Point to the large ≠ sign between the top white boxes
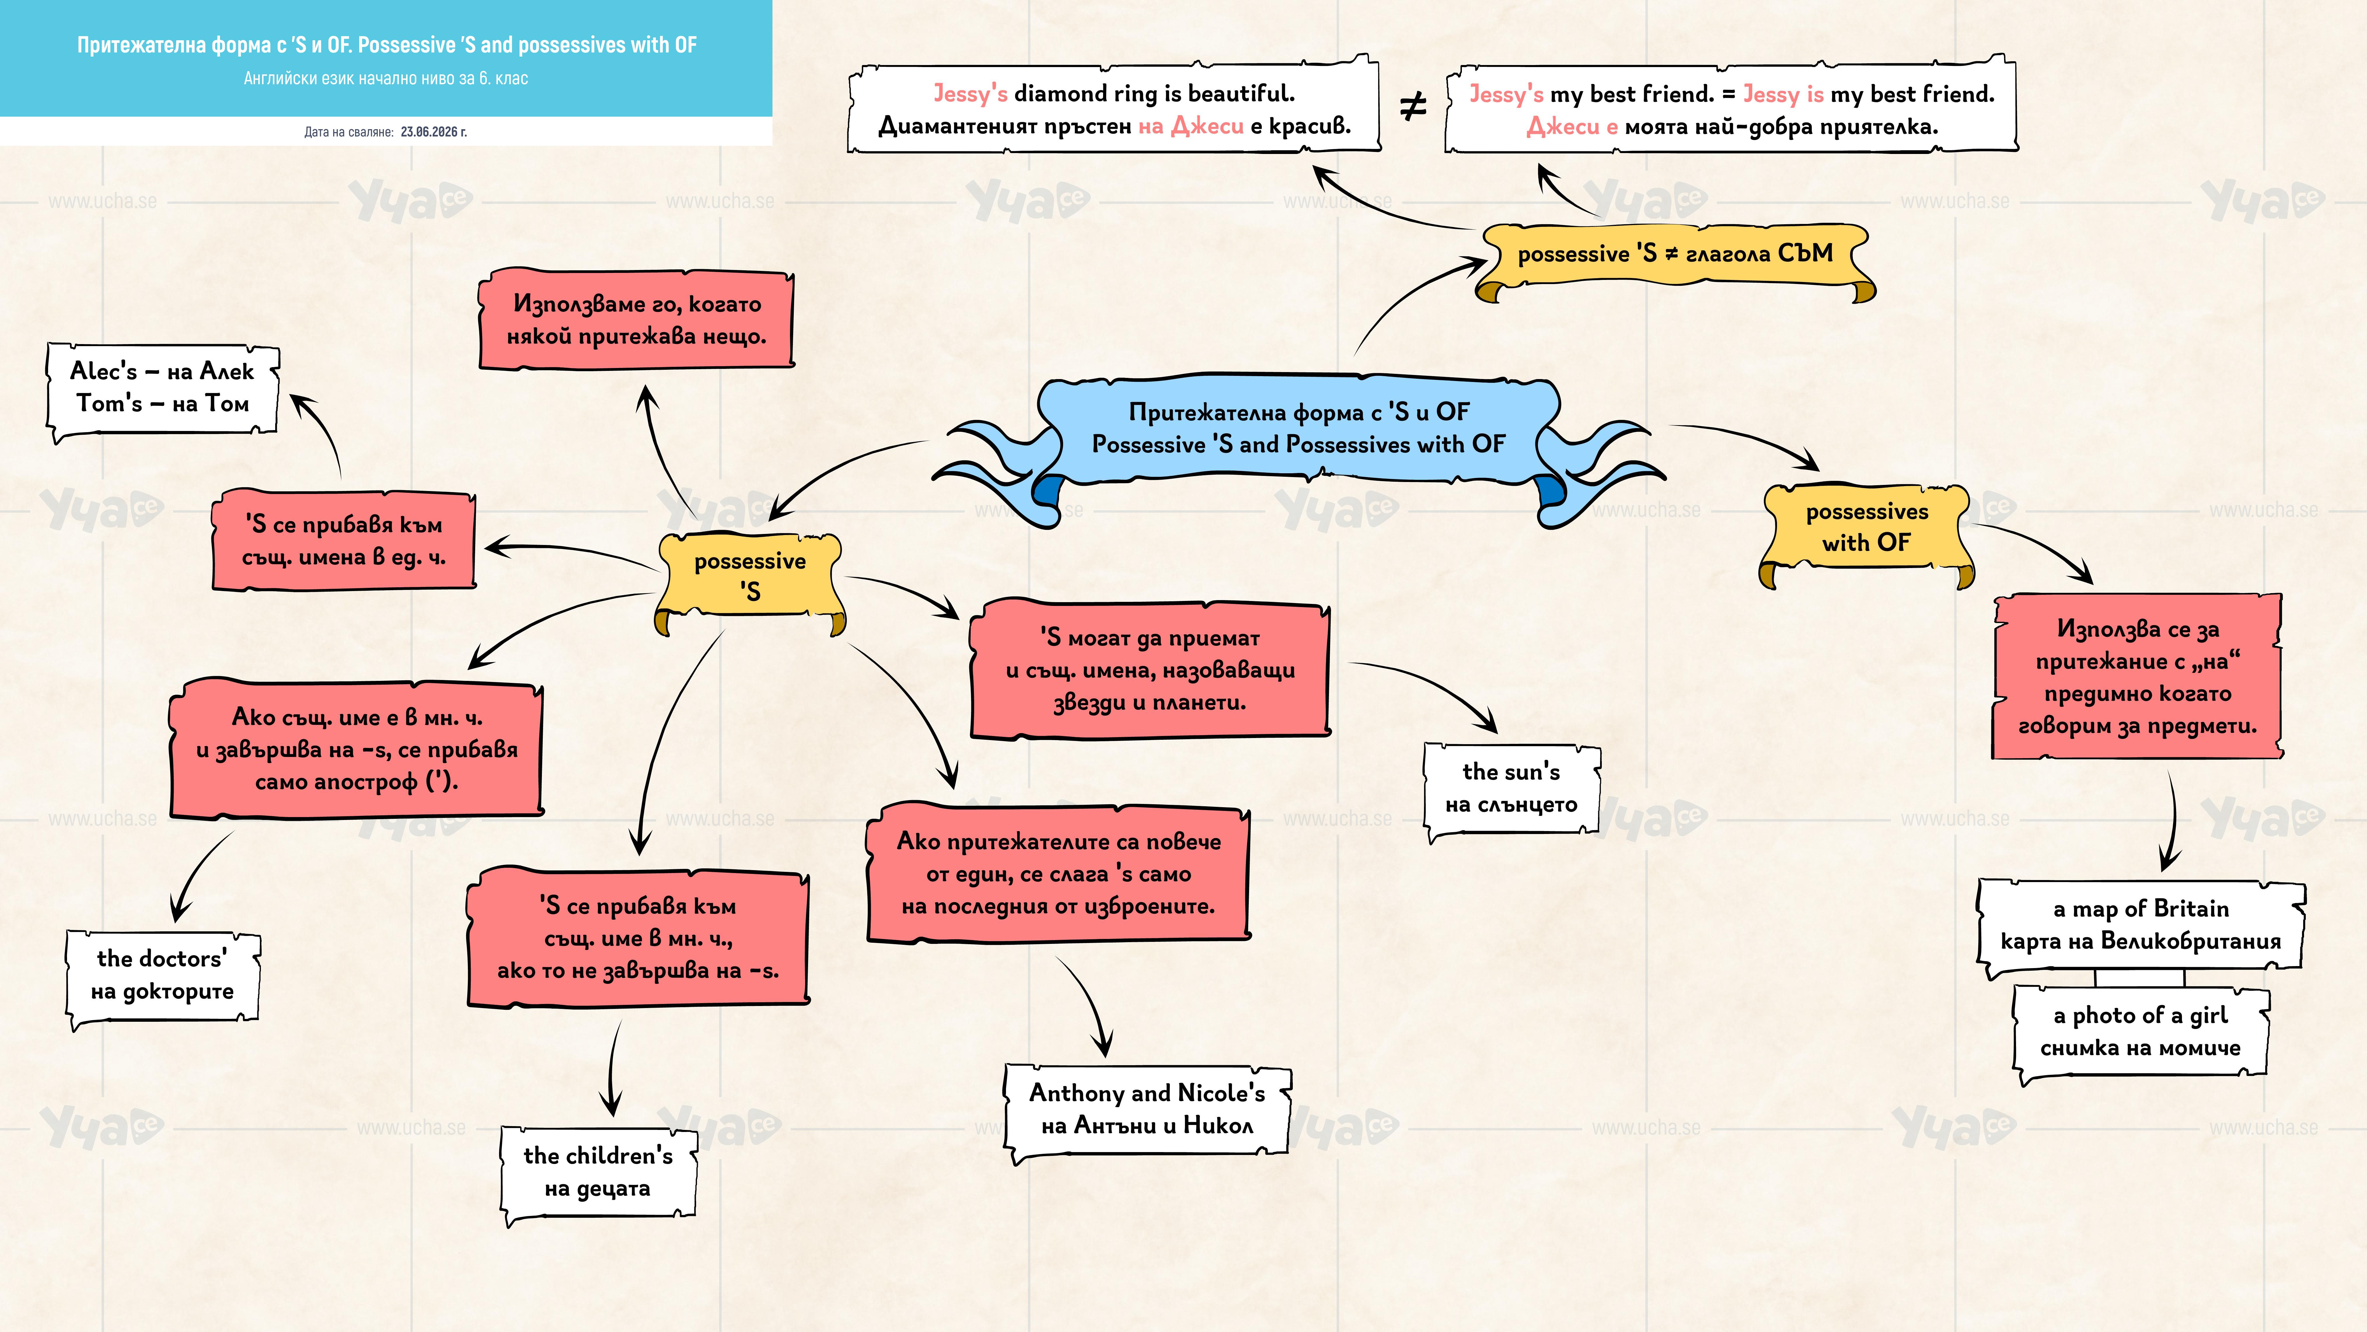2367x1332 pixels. coord(1412,108)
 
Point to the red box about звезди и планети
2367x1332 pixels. coord(1149,670)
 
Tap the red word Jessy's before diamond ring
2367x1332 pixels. coord(970,94)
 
